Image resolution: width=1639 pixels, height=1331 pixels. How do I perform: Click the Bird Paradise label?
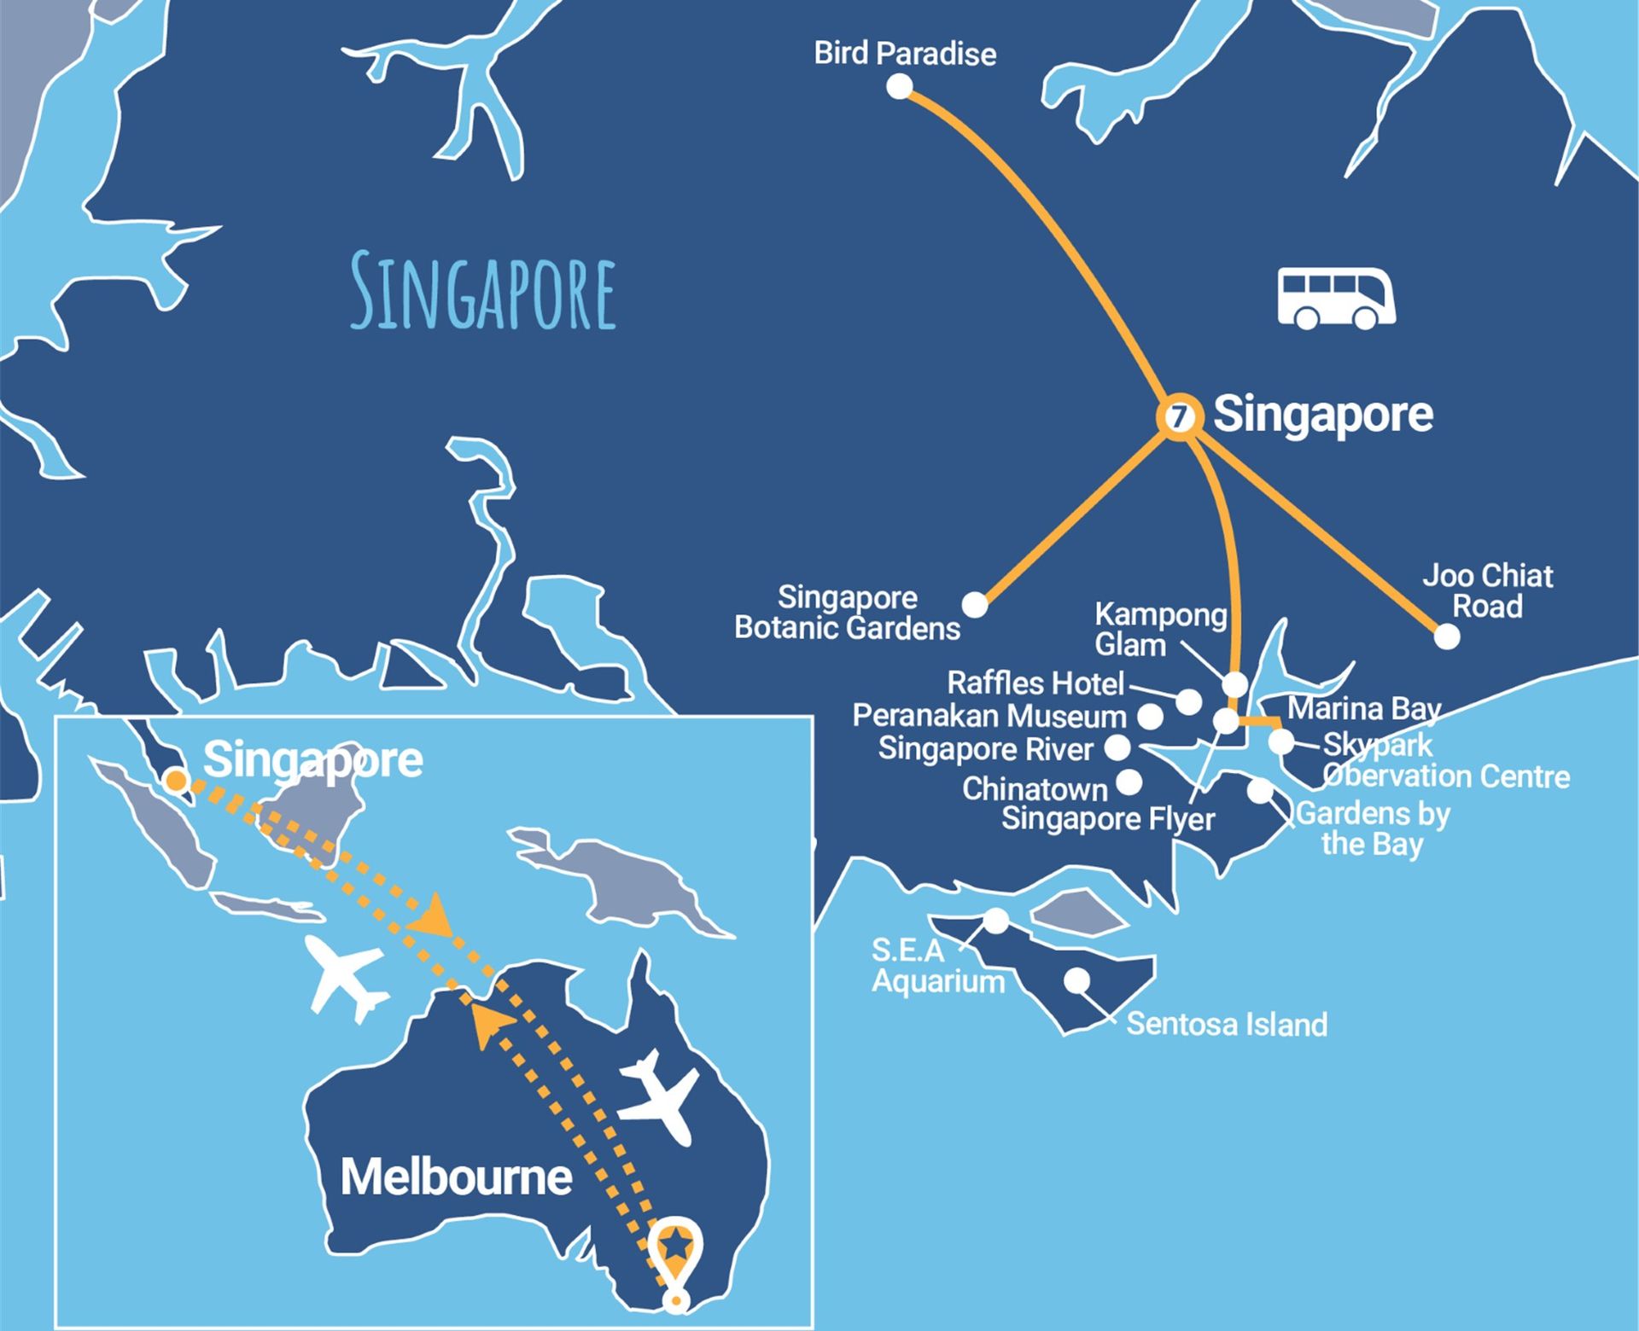905,53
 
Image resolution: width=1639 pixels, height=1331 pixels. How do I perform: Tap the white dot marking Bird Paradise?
899,86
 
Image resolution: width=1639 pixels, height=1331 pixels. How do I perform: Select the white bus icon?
1336,299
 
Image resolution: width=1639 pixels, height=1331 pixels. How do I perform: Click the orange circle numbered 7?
1179,418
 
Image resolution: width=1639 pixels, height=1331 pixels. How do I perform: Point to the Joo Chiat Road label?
1487,590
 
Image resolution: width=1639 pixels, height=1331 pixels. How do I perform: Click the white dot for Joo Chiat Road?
1446,636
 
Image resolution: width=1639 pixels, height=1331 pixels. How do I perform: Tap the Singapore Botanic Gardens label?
847,613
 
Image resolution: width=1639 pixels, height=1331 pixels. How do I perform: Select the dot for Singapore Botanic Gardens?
974,604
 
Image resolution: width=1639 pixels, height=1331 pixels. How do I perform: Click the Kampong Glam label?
1159,629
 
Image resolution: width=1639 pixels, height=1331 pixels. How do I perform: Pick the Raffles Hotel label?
1035,683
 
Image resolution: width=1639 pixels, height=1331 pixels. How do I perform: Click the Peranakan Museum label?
989,716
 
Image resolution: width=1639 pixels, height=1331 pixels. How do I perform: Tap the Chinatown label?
1035,789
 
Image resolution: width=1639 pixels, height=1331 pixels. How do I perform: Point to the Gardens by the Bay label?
1373,828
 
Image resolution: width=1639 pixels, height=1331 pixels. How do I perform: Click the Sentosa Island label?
1227,1024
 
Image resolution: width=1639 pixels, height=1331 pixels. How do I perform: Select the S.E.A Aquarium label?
937,966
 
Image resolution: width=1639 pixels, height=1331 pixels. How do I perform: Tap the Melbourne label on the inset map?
456,1177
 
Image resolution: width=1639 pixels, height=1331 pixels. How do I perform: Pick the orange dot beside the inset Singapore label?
176,780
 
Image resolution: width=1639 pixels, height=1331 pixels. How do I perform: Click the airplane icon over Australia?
657,1097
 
